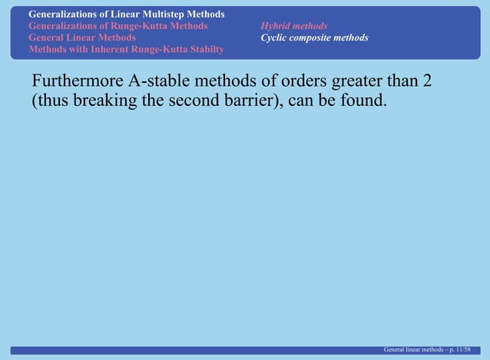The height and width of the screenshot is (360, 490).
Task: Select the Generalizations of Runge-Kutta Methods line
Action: coord(118,26)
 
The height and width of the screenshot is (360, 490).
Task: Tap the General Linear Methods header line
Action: coord(82,38)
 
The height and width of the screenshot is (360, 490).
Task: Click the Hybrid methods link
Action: coord(293,26)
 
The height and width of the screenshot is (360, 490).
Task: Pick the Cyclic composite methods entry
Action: coord(313,38)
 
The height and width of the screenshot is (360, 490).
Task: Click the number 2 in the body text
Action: coord(426,81)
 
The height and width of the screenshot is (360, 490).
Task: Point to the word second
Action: coord(191,101)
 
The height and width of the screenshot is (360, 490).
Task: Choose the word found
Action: coord(356,101)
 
